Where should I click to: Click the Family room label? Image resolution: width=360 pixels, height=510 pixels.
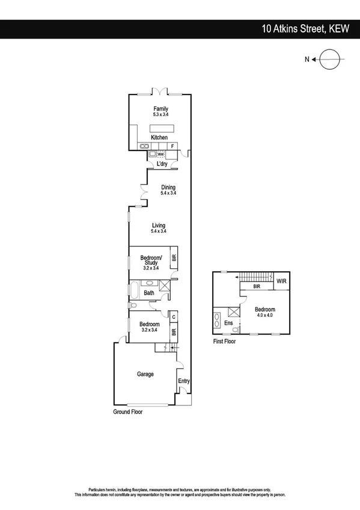coord(160,109)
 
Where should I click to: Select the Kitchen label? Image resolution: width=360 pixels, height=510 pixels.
coord(159,138)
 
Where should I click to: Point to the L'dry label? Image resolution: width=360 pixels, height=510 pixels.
coord(161,164)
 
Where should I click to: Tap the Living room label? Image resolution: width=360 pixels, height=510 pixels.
coord(159,226)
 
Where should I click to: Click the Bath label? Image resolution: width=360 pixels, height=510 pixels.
coord(148,293)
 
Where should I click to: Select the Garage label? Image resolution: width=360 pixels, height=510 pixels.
coord(145,374)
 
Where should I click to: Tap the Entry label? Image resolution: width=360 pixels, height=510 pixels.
coord(183,381)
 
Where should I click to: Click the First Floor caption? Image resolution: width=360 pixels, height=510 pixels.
coord(224,341)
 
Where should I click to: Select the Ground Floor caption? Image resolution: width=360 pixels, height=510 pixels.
coord(129,413)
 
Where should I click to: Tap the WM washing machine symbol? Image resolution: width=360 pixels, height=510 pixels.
coord(160,154)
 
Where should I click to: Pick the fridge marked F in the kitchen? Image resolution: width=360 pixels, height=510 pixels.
coord(173,146)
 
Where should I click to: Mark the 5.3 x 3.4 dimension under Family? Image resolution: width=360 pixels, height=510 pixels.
coord(160,115)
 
